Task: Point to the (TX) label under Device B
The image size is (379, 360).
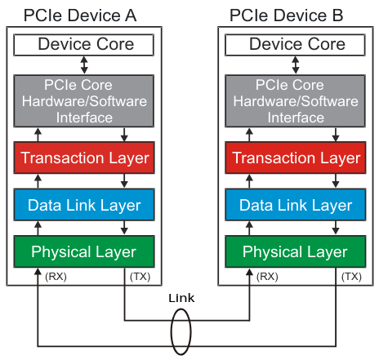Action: coord(352,277)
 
